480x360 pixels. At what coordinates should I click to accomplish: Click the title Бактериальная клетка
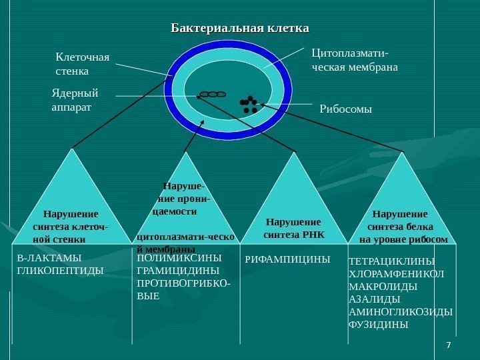(x=240, y=29)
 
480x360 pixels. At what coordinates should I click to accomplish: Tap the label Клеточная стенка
(x=82, y=63)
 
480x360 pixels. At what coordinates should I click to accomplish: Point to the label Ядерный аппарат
(x=75, y=99)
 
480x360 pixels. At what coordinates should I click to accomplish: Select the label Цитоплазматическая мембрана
(x=355, y=59)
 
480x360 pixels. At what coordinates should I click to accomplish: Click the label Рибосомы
(x=345, y=107)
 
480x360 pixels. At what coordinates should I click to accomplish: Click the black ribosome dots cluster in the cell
(x=249, y=104)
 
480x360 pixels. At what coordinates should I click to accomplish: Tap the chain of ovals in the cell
(x=213, y=95)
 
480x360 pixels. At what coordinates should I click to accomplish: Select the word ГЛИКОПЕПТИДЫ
(x=60, y=271)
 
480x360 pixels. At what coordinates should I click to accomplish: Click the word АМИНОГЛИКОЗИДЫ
(x=401, y=312)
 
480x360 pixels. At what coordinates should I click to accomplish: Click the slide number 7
(x=448, y=344)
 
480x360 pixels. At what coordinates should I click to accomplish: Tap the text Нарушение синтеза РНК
(x=293, y=228)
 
